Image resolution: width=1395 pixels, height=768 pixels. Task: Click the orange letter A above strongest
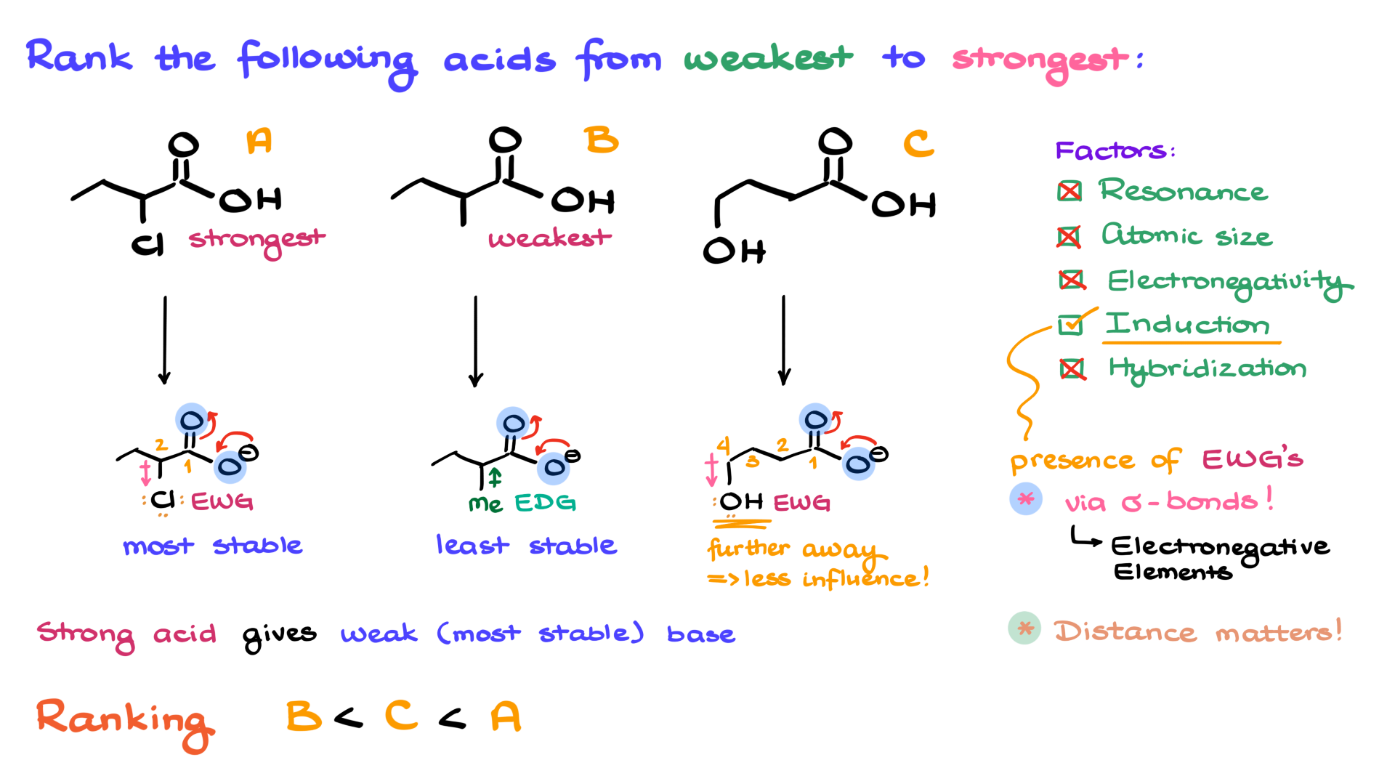click(x=259, y=140)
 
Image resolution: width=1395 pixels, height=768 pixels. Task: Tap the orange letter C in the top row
click(x=918, y=143)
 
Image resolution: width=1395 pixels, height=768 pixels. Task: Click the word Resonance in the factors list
click(x=1183, y=191)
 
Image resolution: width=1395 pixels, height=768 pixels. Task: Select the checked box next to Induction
click(x=1070, y=324)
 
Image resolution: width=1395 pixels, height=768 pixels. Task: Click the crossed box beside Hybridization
click(x=1072, y=369)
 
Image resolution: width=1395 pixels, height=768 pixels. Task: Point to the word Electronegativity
click(x=1229, y=282)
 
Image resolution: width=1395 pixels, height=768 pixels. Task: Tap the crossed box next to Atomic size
click(x=1069, y=236)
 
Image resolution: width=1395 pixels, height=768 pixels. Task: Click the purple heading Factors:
click(x=1115, y=150)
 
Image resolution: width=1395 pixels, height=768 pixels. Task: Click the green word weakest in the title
click(x=768, y=58)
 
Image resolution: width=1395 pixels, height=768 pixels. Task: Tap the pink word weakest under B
click(x=549, y=238)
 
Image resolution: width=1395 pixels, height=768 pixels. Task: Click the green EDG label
click(x=545, y=503)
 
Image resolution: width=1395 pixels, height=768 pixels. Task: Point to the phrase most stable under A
click(x=212, y=546)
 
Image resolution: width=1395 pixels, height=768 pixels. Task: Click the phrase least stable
click(x=526, y=545)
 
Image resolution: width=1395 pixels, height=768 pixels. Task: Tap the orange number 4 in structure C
click(x=723, y=445)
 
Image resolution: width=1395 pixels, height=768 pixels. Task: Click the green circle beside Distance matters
click(x=1024, y=628)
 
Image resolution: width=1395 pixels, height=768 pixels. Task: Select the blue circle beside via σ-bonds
click(x=1026, y=499)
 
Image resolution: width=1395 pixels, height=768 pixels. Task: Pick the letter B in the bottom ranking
click(x=303, y=716)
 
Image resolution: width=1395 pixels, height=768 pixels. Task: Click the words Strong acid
click(x=126, y=634)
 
